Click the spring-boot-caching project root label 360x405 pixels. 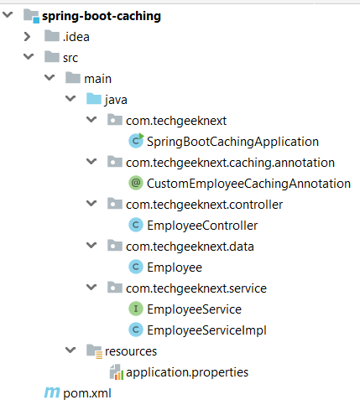(x=102, y=16)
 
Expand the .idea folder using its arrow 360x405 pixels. (x=27, y=37)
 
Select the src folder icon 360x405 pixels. (x=52, y=57)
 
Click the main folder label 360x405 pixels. (x=97, y=79)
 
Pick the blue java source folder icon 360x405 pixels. (x=94, y=99)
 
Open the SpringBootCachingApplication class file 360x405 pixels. (x=232, y=142)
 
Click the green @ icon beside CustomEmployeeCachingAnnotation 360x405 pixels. (x=136, y=183)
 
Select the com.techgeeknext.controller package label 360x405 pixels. (x=204, y=205)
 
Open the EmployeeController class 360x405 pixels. (x=202, y=226)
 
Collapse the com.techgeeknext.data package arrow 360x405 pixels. (x=91, y=245)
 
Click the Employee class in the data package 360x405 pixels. (x=175, y=267)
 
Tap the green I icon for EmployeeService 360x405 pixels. (x=136, y=309)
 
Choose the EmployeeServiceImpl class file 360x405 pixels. (x=206, y=330)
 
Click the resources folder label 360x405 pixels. (x=131, y=351)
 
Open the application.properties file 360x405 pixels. (x=187, y=372)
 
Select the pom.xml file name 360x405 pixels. (x=87, y=393)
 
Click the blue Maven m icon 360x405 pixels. (x=52, y=392)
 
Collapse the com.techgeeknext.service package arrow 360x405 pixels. (x=91, y=287)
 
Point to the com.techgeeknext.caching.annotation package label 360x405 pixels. (x=230, y=163)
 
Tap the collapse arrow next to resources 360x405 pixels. (x=70, y=350)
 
